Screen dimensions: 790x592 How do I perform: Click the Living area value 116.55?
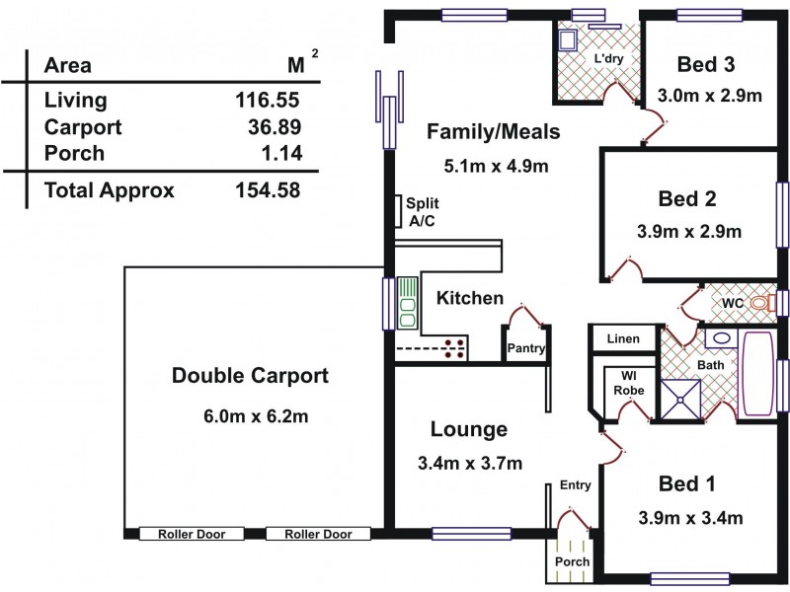(x=268, y=100)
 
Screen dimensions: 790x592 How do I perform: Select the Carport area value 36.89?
(x=275, y=127)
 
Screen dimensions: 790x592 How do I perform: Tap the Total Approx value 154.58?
(x=268, y=190)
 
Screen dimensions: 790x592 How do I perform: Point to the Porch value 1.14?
(x=281, y=153)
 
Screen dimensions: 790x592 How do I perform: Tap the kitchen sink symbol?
(x=408, y=303)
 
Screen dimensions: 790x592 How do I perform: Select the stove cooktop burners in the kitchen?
(x=455, y=349)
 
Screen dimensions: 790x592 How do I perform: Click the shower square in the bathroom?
(x=680, y=399)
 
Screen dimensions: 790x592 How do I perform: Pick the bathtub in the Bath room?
(x=756, y=374)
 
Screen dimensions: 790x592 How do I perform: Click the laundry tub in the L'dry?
(x=568, y=39)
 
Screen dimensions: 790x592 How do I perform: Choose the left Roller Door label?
(x=192, y=534)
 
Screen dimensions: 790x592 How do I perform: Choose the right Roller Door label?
(x=318, y=534)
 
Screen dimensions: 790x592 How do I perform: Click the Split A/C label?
(x=422, y=212)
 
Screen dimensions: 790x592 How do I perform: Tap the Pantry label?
(x=526, y=348)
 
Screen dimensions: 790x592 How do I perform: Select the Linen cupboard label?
(x=623, y=338)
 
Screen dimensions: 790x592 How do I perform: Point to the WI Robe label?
(x=629, y=383)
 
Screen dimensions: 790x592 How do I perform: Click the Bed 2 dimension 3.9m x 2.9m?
(x=688, y=232)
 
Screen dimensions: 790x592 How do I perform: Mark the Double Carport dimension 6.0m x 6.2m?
(x=256, y=416)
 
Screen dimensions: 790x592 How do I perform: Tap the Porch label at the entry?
(x=573, y=561)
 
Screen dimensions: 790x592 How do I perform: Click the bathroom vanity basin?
(x=722, y=338)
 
